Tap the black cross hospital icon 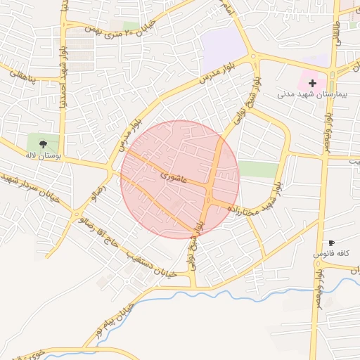[312, 83]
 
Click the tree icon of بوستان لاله [44, 143]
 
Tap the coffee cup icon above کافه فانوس [331, 243]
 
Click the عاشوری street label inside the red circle [173, 176]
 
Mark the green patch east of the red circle [258, 169]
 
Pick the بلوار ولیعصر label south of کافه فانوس [319, 274]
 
